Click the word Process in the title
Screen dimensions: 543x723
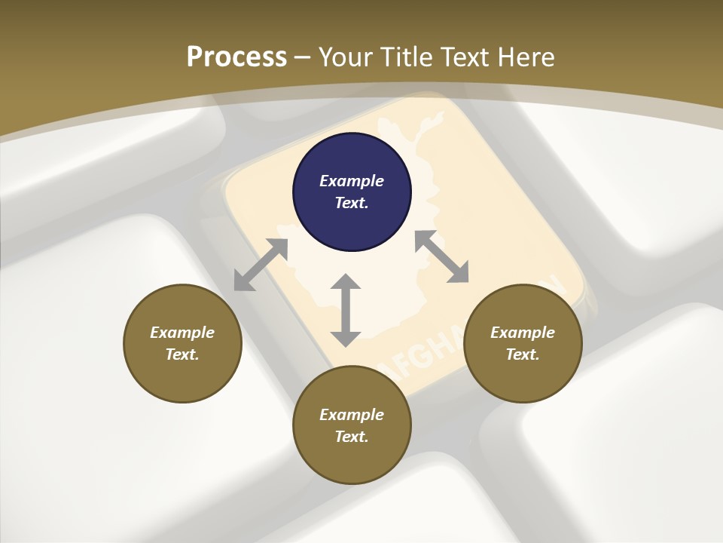tap(236, 57)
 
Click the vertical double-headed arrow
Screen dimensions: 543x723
tap(346, 310)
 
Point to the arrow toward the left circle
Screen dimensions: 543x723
tap(261, 265)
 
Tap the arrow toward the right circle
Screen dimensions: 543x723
tap(441, 256)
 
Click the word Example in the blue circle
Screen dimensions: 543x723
tap(352, 181)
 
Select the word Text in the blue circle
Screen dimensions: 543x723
tap(352, 203)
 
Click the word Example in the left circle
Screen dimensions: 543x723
tap(182, 333)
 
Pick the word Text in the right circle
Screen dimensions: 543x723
tap(523, 354)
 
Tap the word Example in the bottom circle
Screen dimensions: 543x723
tap(352, 415)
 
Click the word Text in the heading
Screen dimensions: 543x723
tap(467, 57)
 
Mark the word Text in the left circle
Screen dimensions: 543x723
tap(182, 354)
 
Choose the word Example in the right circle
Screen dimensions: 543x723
tap(523, 333)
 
